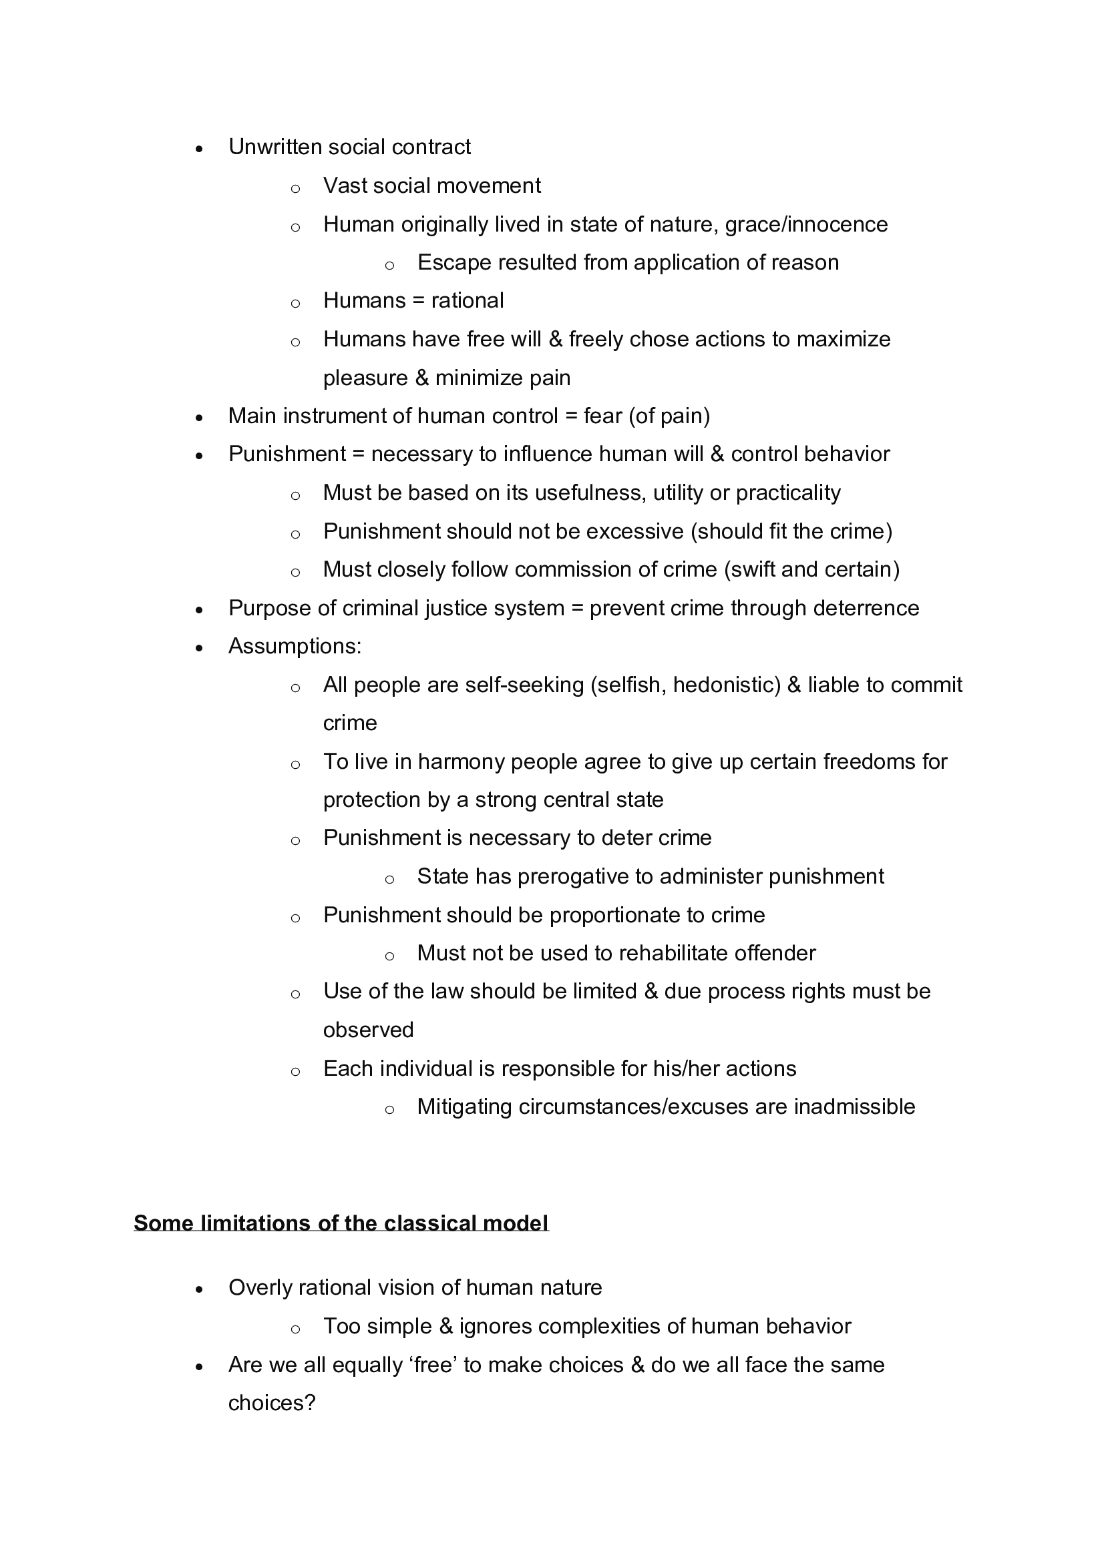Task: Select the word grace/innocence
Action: click(x=806, y=224)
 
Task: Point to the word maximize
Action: click(x=843, y=338)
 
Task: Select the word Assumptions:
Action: click(x=295, y=646)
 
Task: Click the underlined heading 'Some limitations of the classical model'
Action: click(x=341, y=1223)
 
